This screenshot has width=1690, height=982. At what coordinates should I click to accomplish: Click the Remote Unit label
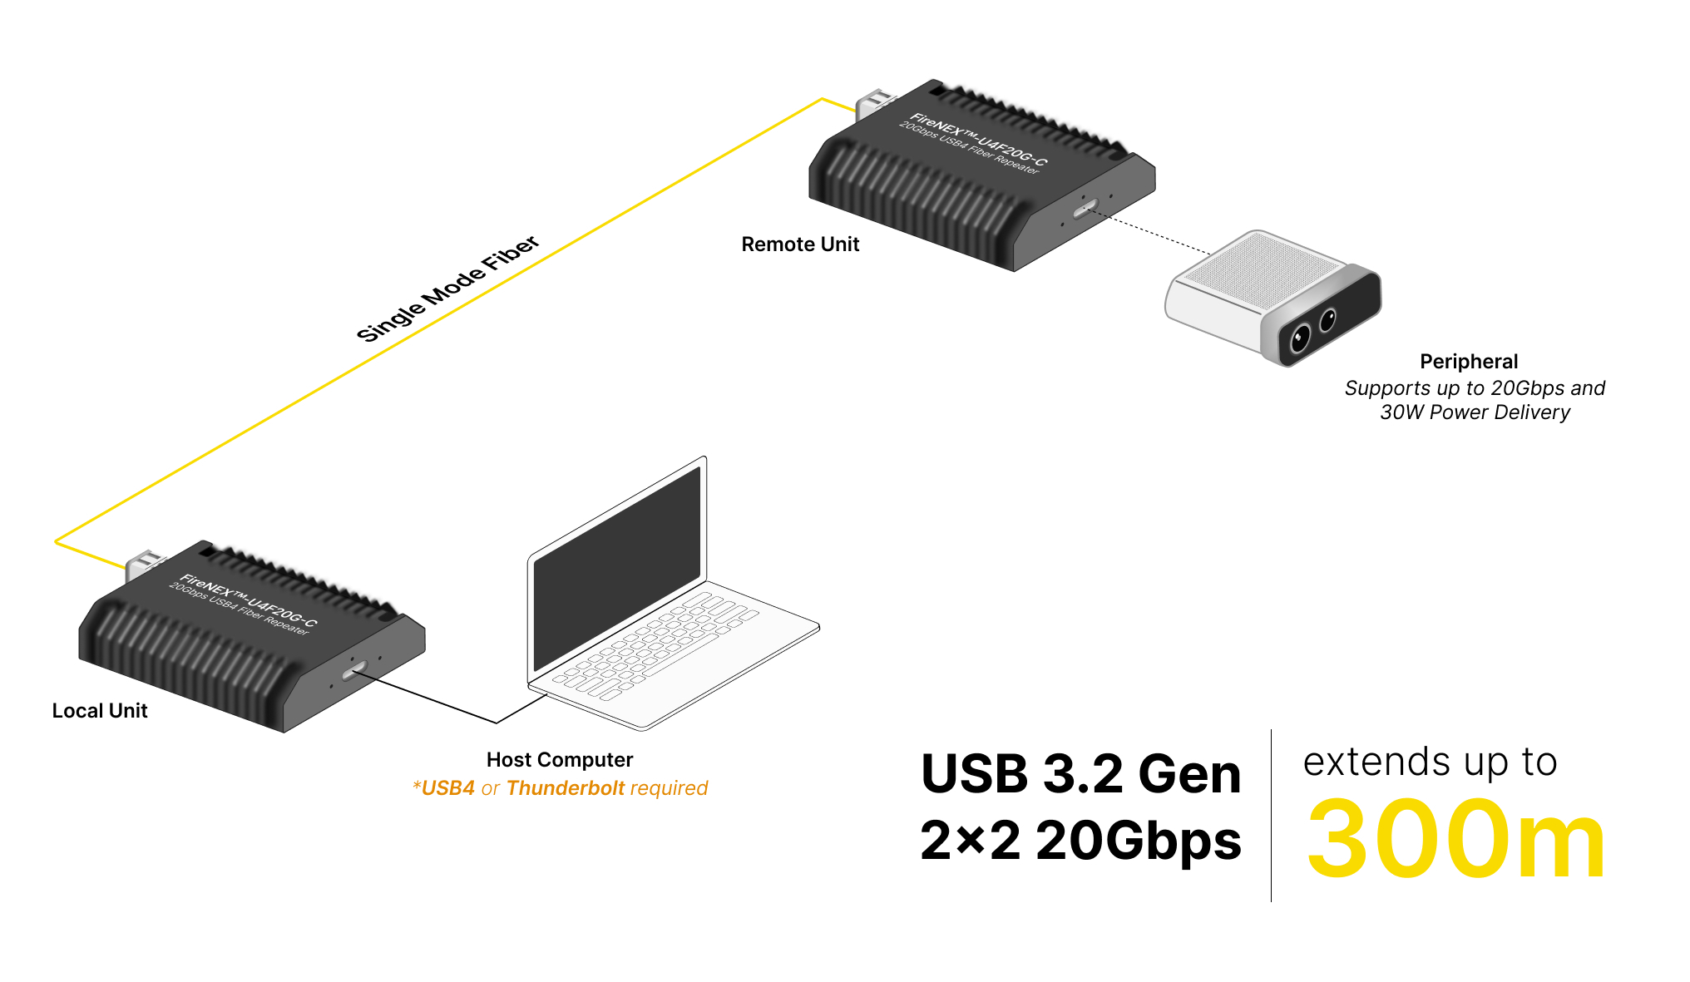click(800, 244)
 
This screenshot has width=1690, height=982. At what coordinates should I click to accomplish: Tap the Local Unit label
click(100, 711)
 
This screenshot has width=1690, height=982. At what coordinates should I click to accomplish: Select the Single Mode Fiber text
click(448, 289)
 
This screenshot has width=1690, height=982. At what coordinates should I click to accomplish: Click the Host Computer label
click(560, 760)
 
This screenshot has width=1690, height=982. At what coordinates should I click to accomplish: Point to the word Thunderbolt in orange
click(565, 788)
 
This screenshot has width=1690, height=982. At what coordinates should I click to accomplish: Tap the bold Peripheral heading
click(1469, 362)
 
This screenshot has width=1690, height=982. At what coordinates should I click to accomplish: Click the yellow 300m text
click(1455, 840)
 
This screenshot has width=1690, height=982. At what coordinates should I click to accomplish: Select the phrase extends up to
click(1430, 762)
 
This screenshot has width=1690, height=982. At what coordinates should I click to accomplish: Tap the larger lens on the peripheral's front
click(1299, 338)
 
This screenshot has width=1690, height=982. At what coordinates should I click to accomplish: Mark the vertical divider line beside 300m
click(1271, 815)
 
